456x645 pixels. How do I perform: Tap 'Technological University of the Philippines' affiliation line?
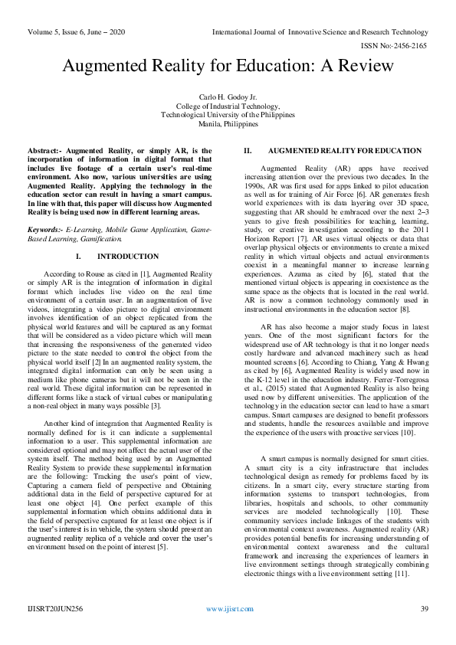coord(228,115)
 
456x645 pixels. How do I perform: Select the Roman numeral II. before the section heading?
coord(247,151)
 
